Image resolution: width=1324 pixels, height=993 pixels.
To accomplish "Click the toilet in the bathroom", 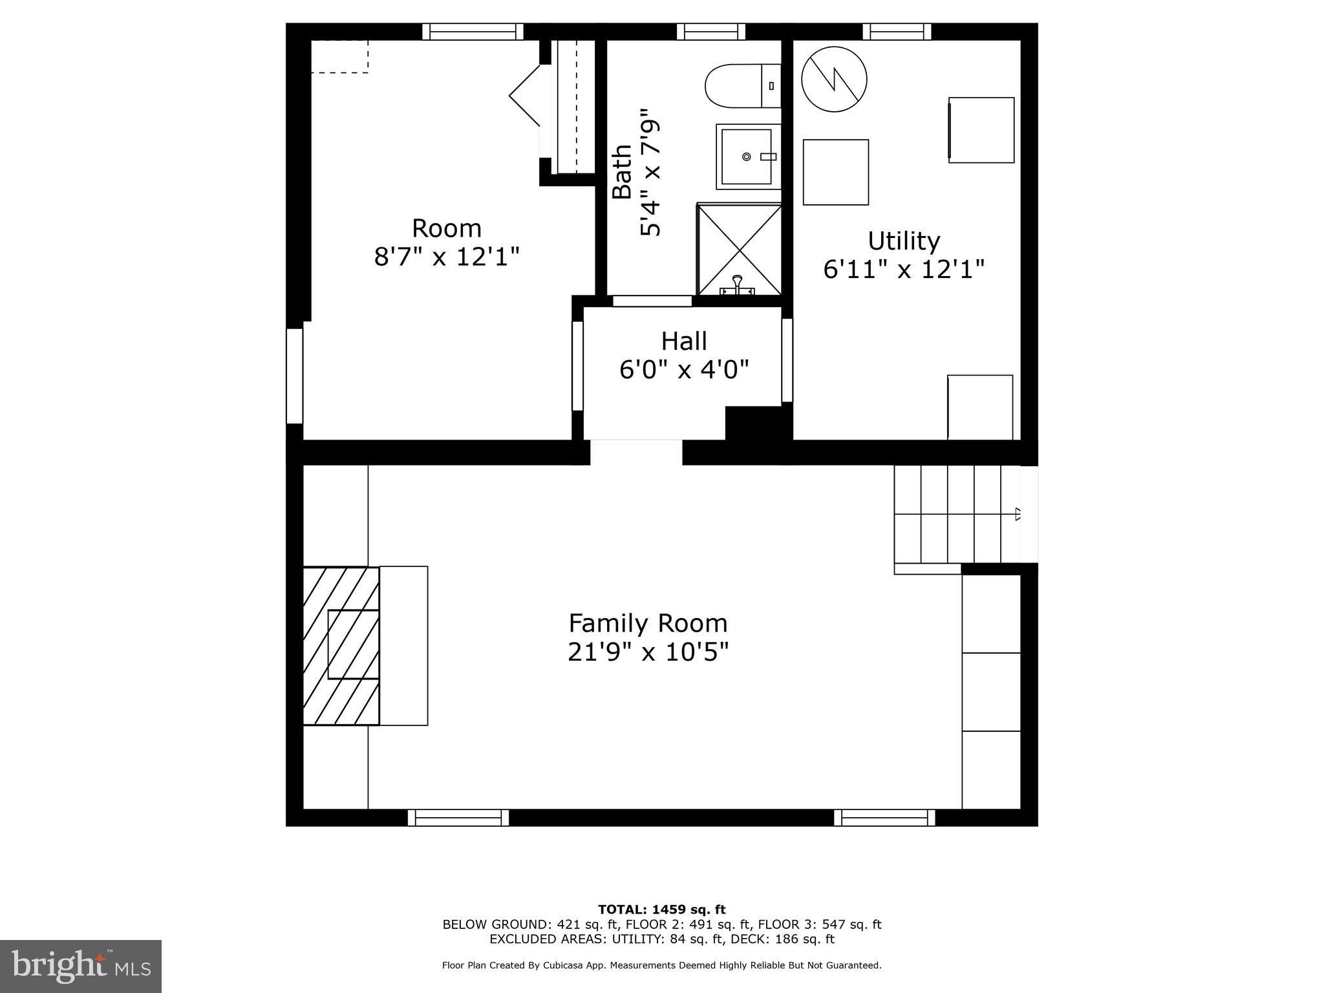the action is pos(743,85).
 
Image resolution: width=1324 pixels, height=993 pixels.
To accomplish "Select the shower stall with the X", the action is pos(739,250).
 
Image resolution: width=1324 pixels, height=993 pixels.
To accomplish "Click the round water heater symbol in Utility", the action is pos(834,80).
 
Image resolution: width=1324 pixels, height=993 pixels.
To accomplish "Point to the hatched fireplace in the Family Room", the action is pos(341,645).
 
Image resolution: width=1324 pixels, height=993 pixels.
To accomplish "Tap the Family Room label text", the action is pos(648,623).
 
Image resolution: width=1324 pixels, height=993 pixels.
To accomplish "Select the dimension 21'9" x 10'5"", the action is pos(648,652).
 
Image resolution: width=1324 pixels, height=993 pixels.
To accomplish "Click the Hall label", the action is pos(683,341).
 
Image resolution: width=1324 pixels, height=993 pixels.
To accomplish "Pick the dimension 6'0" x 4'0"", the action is pos(684,370).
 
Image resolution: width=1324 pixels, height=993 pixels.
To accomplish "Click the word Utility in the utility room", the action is pos(903,240).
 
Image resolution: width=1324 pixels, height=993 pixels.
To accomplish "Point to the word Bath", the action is pos(622,171).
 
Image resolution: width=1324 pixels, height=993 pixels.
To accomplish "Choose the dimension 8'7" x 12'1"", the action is pos(447,257).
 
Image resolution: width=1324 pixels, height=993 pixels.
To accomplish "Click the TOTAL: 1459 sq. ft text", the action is pos(661,910).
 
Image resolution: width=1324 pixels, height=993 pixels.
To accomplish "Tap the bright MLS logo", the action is pos(81,966).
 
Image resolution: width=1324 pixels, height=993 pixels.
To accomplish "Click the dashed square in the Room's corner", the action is pos(339,56).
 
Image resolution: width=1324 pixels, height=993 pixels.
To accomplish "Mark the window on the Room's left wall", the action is pos(295,376).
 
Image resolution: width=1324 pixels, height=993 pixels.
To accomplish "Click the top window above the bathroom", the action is pos(710,31).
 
